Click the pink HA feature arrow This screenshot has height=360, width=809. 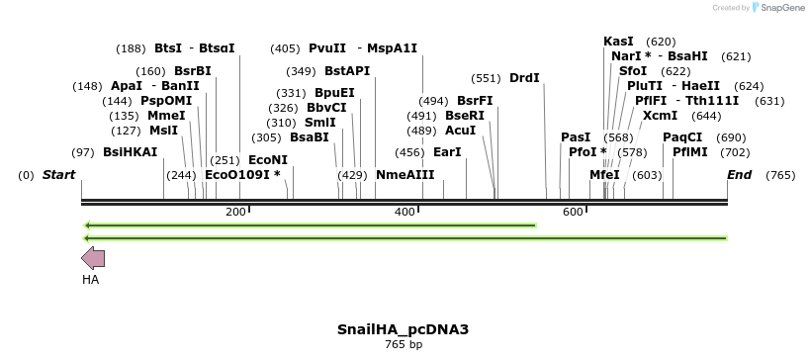point(93,259)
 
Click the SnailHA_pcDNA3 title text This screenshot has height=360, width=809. point(403,329)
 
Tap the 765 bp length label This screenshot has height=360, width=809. point(403,344)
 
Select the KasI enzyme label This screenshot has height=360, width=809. point(618,42)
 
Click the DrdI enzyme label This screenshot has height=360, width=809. point(524,78)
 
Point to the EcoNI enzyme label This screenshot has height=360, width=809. point(267,159)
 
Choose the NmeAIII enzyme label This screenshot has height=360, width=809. point(405,175)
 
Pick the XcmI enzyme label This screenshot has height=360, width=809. point(661,116)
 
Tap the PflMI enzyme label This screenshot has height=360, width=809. point(690,152)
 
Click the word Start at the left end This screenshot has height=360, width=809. point(58,175)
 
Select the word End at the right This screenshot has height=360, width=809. point(739,175)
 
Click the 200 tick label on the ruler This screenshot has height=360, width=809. point(235,212)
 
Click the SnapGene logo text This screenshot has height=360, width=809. point(780,8)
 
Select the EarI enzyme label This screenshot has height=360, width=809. point(447,152)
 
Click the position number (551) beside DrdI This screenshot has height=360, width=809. point(485,78)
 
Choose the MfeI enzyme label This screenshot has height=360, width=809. point(604,175)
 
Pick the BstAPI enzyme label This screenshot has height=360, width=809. point(347,71)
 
